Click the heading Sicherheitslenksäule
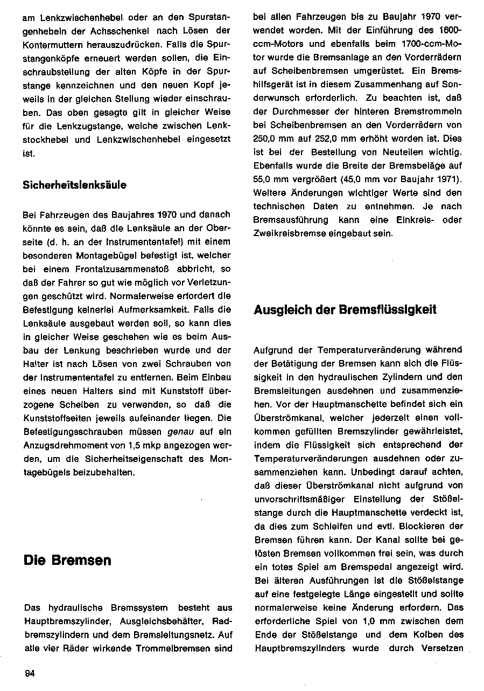click(x=75, y=185)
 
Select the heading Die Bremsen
click(x=67, y=561)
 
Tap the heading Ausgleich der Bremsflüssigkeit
click(x=345, y=309)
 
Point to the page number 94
click(x=30, y=672)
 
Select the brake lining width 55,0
click(x=264, y=178)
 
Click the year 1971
click(x=450, y=178)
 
